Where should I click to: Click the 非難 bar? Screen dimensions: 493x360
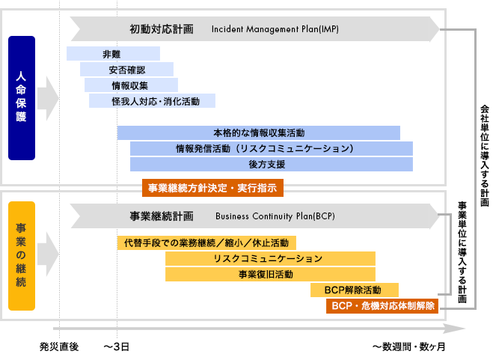113,53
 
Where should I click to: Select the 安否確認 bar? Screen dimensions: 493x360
126,69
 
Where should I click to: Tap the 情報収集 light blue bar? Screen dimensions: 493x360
131,85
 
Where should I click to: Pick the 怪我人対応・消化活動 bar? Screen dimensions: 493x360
152,101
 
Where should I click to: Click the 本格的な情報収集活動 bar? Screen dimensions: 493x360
259,132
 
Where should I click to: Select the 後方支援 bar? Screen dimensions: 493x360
272,164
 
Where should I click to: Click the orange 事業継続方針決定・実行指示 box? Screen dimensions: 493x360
212,188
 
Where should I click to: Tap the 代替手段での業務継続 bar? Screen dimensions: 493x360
206,243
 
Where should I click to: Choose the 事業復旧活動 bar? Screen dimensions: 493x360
270,275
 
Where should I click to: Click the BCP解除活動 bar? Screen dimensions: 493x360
355,290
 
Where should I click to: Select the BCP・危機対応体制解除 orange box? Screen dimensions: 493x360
382,306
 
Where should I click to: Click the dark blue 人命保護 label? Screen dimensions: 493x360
22,98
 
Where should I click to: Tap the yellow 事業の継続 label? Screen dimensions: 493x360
22,256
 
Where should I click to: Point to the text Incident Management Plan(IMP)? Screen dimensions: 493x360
275,29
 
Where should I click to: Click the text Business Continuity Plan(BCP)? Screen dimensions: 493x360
275,216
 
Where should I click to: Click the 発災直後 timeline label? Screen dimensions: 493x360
59,347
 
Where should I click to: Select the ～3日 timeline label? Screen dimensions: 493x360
117,347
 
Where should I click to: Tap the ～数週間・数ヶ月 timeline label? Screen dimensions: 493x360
409,347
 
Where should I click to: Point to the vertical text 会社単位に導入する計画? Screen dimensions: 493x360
485,156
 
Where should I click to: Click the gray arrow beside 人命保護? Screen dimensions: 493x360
48,98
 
